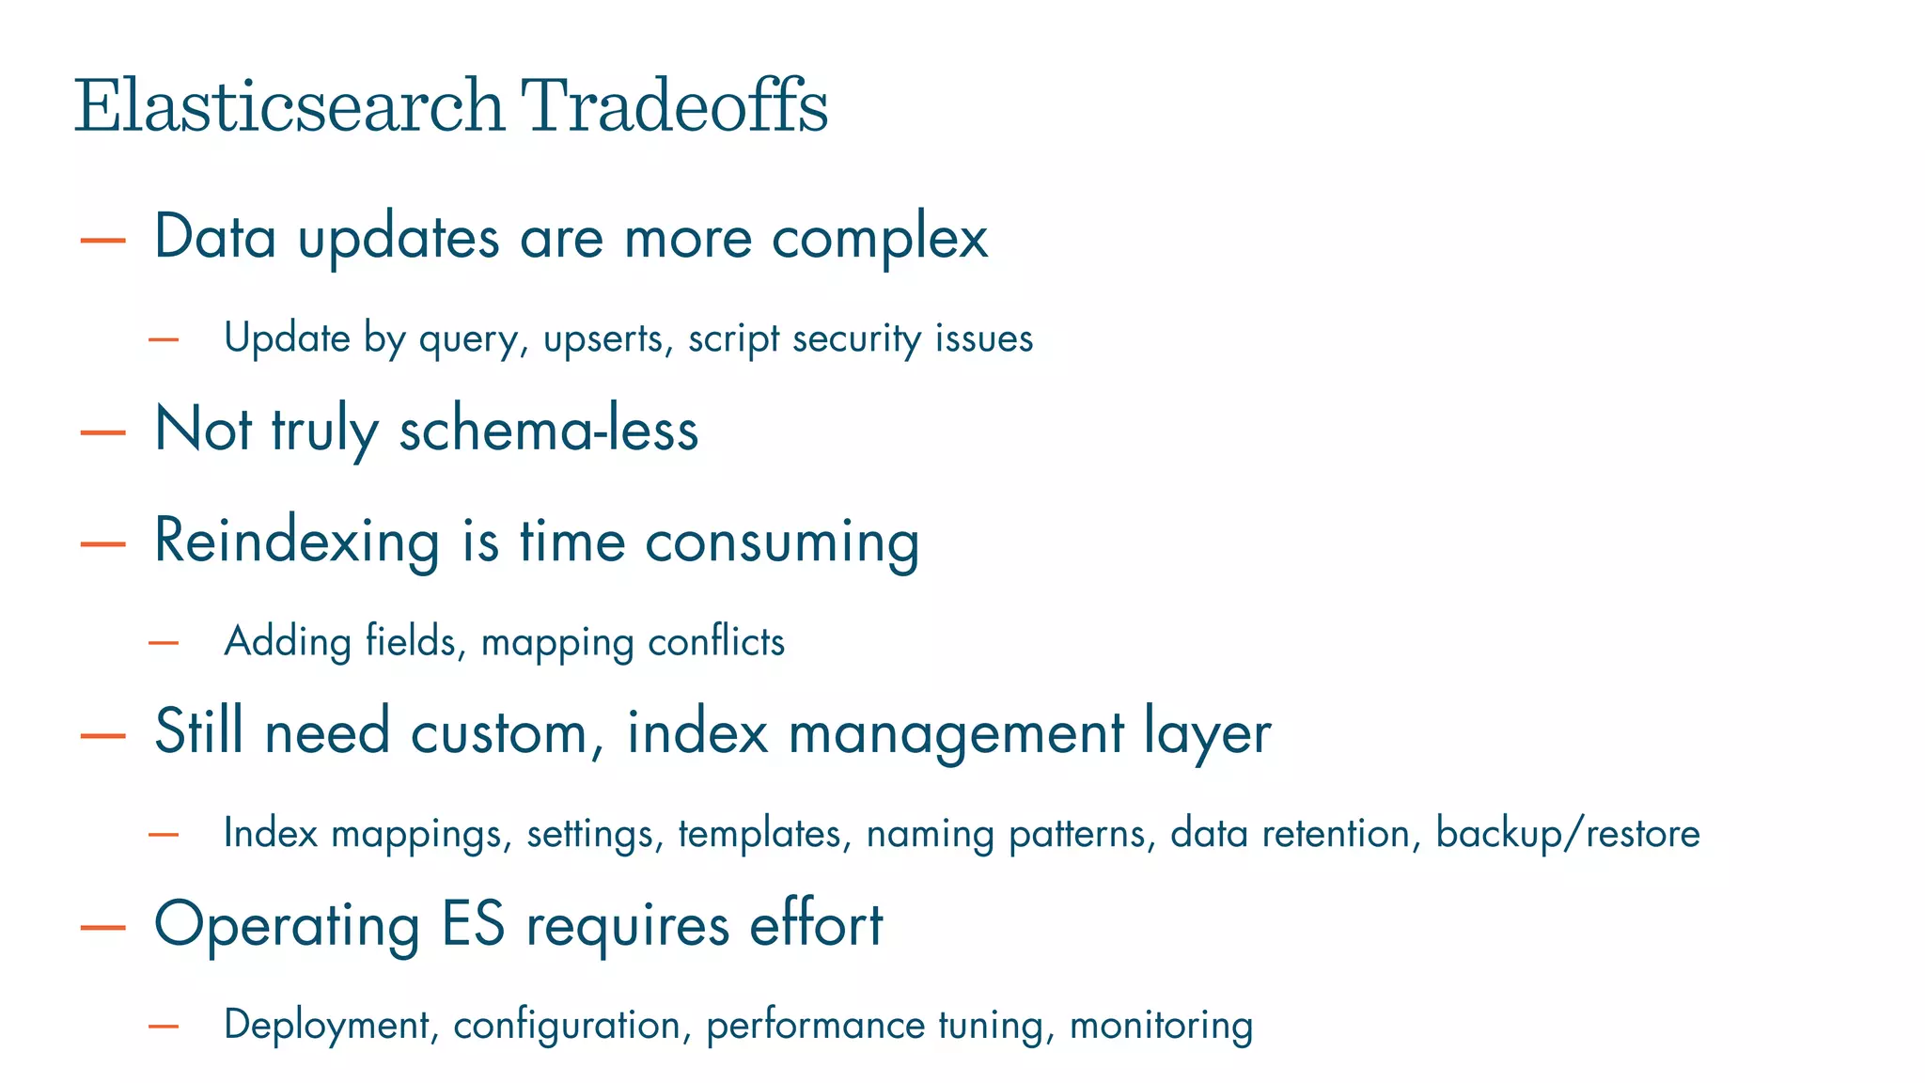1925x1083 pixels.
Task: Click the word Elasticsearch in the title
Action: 290,105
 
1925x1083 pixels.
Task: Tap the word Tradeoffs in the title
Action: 674,105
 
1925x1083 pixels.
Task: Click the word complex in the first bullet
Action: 880,237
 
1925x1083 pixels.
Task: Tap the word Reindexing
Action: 296,541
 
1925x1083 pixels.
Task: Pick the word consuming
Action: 781,543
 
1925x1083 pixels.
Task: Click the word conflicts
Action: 716,642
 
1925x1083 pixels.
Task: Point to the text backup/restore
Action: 1568,834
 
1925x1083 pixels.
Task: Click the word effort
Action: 816,924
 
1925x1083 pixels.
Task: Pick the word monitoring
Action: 1161,1025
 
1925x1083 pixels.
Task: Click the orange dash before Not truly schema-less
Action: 103,432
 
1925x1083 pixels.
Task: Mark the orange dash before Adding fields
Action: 164,643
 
